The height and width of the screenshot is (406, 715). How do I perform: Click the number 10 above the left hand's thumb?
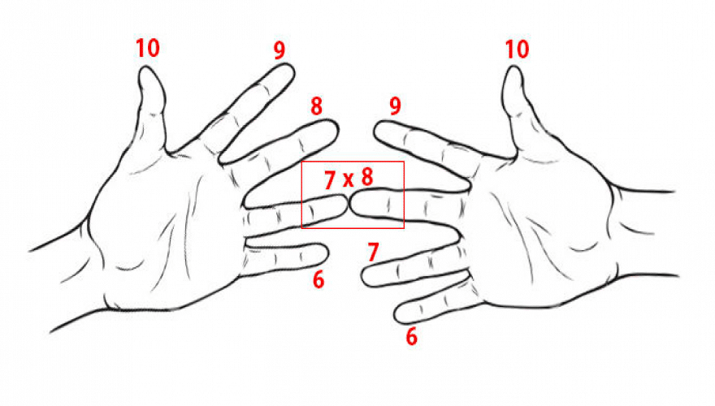pyautogui.click(x=148, y=48)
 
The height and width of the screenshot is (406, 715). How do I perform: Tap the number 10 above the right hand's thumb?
pyautogui.click(x=517, y=50)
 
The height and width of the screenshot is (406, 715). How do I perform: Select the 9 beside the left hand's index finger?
pyautogui.click(x=279, y=50)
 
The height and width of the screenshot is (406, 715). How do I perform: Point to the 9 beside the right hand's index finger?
pyautogui.click(x=396, y=106)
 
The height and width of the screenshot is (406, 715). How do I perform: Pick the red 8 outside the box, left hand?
pyautogui.click(x=316, y=106)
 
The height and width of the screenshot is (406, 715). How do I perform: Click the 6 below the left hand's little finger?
pyautogui.click(x=318, y=279)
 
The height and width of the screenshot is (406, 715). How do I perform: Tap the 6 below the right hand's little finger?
pyautogui.click(x=411, y=336)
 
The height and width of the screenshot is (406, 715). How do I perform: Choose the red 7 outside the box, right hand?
pyautogui.click(x=374, y=252)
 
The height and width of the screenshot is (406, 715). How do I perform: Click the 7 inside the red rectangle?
pyautogui.click(x=330, y=180)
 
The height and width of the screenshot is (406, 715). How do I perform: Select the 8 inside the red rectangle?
pyautogui.click(x=367, y=177)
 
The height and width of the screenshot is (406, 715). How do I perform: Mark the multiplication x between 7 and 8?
pyautogui.click(x=349, y=180)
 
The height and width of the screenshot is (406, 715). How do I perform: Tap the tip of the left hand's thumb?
pyautogui.click(x=145, y=67)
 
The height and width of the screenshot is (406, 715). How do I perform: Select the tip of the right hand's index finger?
pyautogui.click(x=375, y=127)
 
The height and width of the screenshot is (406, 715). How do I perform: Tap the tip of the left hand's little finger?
pyautogui.click(x=327, y=253)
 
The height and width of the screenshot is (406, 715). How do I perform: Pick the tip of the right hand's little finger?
pyautogui.click(x=396, y=314)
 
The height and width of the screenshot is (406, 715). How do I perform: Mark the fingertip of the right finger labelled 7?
pyautogui.click(x=363, y=277)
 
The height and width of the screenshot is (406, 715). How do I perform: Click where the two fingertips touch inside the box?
pyautogui.click(x=349, y=204)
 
